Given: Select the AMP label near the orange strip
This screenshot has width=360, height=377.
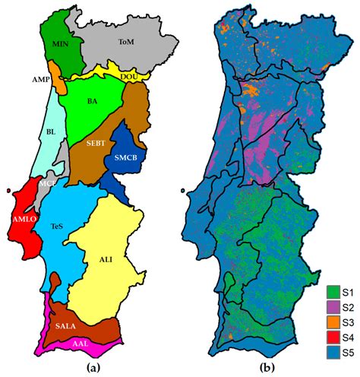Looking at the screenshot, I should pyautogui.click(x=41, y=78).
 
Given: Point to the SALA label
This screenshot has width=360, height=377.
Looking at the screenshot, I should pyautogui.click(x=68, y=325).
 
